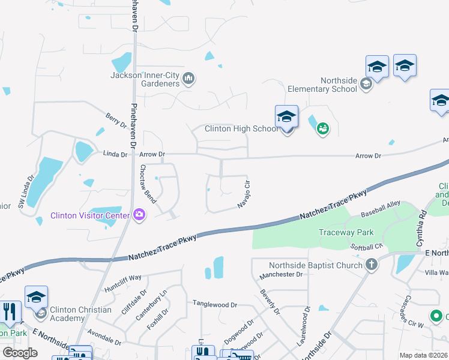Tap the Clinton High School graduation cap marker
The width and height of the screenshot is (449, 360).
pos(287,118)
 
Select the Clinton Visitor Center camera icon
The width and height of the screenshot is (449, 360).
pos(140,215)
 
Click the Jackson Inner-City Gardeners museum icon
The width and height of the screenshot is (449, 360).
pos(188,78)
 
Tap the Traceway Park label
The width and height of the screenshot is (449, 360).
pos(346,232)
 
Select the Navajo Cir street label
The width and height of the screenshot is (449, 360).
pos(244,194)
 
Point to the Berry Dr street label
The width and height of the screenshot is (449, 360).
pos(116,121)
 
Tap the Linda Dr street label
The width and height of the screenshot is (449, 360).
pos(116,154)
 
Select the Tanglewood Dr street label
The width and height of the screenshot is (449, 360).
pos(215,304)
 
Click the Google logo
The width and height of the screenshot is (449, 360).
pos(20,352)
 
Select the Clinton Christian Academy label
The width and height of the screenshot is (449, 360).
pos(80,314)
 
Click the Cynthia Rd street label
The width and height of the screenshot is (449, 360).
pos(424,224)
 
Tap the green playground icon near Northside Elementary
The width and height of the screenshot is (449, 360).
pos(323,128)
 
